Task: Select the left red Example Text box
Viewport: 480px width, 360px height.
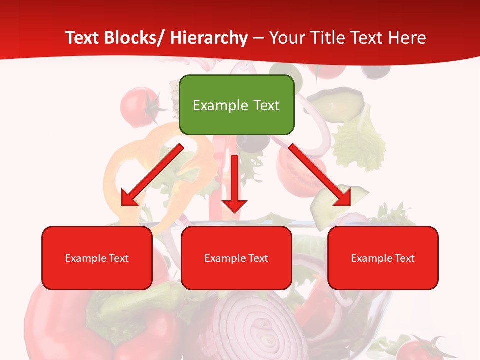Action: tap(97, 258)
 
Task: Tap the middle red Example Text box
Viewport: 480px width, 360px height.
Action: tap(236, 258)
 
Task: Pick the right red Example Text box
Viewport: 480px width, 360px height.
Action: tap(383, 258)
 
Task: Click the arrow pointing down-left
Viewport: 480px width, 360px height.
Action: tap(152, 175)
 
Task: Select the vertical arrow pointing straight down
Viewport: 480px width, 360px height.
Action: tap(235, 182)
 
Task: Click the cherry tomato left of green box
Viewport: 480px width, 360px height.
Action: tap(136, 104)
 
